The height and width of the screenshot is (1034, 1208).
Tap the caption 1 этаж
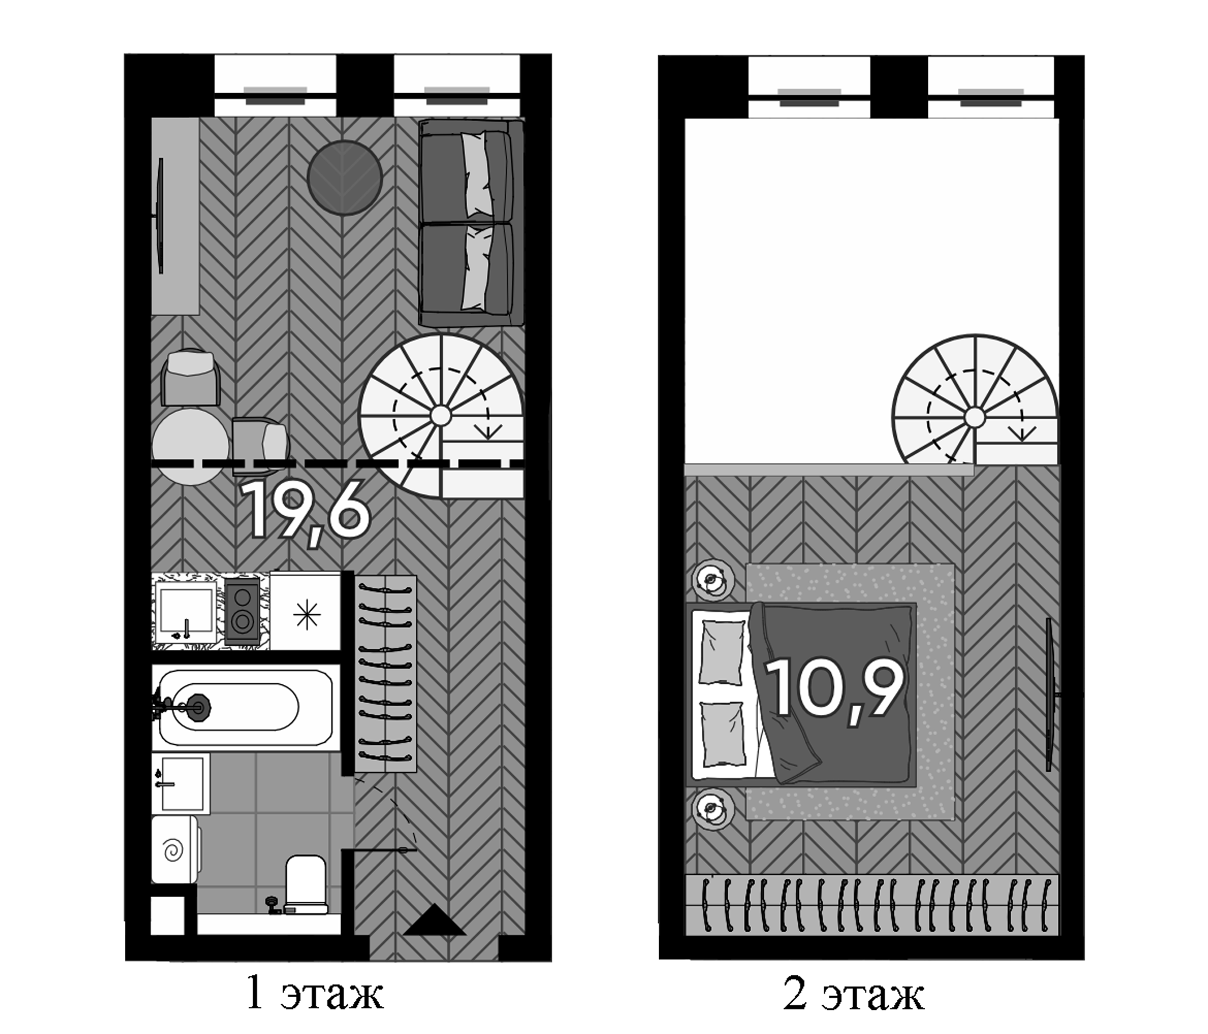tap(314, 994)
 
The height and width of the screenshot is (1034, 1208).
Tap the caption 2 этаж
tap(854, 995)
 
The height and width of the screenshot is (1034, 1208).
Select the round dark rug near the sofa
tap(345, 177)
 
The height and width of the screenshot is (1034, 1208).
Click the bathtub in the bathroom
tap(246, 707)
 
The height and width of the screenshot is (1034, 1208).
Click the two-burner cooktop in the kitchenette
tap(242, 611)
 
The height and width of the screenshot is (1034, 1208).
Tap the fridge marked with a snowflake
tap(306, 611)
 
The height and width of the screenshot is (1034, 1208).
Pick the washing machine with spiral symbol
tap(174, 849)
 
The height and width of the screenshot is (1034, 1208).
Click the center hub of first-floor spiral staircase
tap(441, 416)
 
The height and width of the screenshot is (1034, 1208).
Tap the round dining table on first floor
tap(190, 446)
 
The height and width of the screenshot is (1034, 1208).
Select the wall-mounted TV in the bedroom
tap(1049, 695)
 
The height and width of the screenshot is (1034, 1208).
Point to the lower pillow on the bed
tap(723, 734)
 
